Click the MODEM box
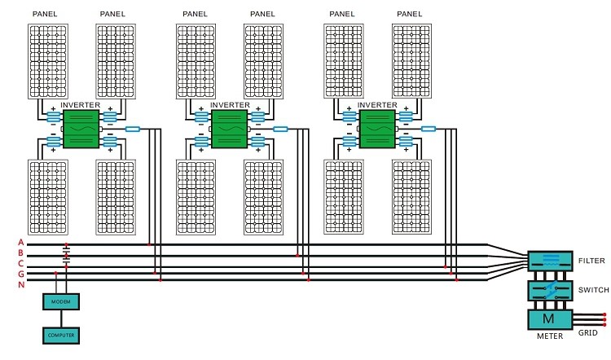tap(61, 302)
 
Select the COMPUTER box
tap(61, 335)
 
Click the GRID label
tap(588, 332)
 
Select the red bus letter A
tap(20, 244)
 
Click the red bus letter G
tap(20, 274)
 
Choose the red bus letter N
tap(20, 283)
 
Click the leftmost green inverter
tap(80, 129)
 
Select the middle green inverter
tap(228, 129)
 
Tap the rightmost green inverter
tap(376, 129)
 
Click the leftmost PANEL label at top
tap(45, 14)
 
